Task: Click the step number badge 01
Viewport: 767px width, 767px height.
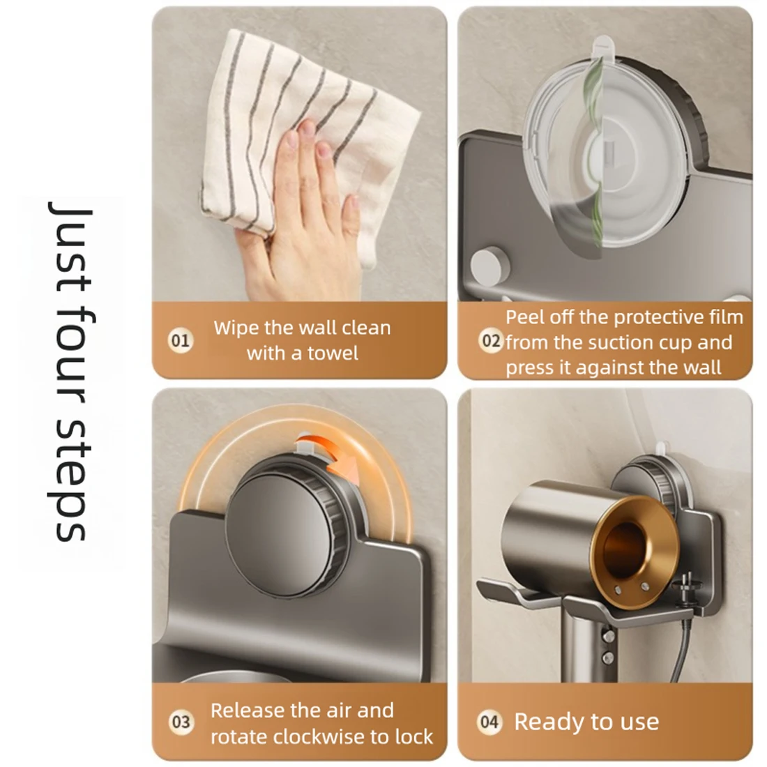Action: point(181,340)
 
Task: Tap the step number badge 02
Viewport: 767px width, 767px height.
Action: point(490,340)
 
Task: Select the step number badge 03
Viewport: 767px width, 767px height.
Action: point(181,722)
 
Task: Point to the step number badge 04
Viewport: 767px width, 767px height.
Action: point(489,722)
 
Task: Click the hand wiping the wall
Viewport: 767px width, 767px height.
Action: point(300,215)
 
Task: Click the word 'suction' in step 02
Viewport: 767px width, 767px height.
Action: point(619,342)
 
